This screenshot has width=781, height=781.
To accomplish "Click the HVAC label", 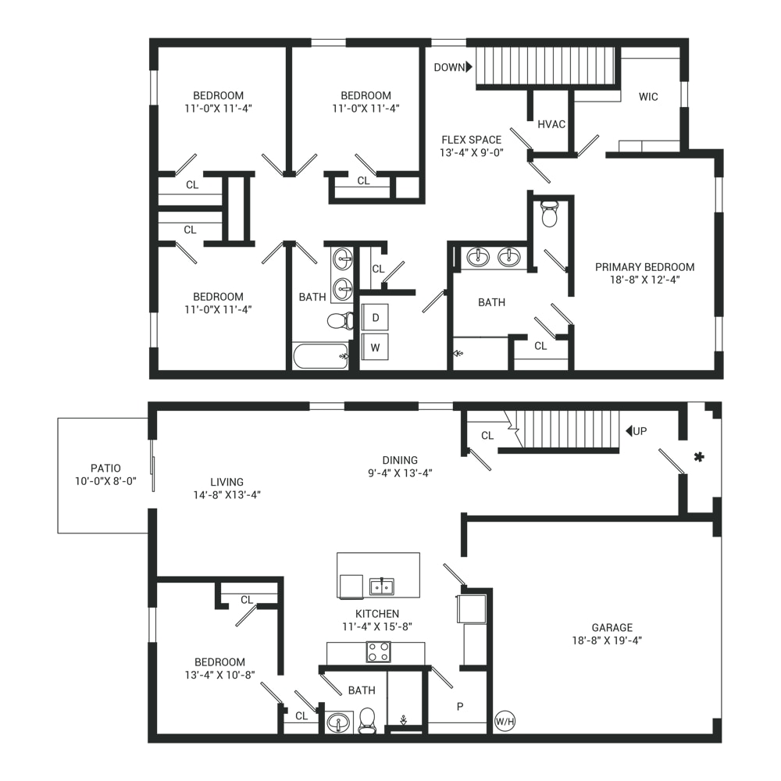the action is click(x=551, y=124).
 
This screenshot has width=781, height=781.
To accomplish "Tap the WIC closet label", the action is click(x=648, y=97).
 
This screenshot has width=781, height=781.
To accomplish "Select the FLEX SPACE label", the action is click(x=471, y=140).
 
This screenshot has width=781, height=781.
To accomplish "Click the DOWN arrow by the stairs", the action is click(x=469, y=66).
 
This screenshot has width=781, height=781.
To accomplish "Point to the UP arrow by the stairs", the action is click(x=629, y=430).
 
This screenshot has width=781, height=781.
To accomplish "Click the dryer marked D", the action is click(x=375, y=317).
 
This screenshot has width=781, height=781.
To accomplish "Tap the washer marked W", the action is click(x=375, y=348).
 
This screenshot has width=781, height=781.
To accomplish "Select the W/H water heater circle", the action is click(x=505, y=721).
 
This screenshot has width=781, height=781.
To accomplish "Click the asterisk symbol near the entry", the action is click(x=699, y=456).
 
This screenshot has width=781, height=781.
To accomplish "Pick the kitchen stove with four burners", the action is click(x=379, y=651).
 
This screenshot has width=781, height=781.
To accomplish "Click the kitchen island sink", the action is click(x=382, y=587).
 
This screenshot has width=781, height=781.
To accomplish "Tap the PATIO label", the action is click(x=105, y=468).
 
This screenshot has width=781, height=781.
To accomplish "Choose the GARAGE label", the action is click(x=612, y=628).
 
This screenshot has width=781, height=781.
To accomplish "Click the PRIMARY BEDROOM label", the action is click(x=644, y=267).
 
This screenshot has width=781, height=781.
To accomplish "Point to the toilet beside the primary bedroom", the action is click(x=549, y=214).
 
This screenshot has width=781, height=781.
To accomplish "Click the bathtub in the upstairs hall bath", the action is click(x=320, y=356).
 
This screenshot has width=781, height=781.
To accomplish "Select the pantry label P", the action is click(x=460, y=706).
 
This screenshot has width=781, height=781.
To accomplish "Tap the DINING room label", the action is click(x=400, y=460).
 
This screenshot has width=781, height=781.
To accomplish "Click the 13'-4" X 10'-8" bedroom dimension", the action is click(x=219, y=675).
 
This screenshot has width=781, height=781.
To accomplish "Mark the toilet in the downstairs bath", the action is click(x=367, y=720).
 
